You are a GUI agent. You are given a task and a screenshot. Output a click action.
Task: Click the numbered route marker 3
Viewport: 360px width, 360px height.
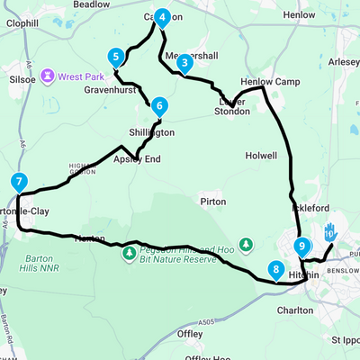(x=184, y=63)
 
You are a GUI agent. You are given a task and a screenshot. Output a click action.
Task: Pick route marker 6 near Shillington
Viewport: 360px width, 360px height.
(x=158, y=105)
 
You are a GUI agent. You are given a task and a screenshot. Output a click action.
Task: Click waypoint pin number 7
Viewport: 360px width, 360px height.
(x=19, y=182)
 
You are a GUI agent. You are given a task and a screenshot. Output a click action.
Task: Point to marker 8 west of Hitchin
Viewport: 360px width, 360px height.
(x=275, y=269)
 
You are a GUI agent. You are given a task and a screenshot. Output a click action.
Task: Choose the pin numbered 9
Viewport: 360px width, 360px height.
(x=301, y=245)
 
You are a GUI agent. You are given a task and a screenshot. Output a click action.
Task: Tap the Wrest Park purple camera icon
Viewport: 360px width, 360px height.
(x=48, y=76)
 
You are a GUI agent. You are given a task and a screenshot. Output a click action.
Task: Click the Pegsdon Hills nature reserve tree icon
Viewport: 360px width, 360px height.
(x=130, y=253)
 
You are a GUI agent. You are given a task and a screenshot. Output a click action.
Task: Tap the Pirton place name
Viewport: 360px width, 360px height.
(x=213, y=202)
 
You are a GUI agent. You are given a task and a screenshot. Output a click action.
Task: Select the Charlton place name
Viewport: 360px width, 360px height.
(x=295, y=310)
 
